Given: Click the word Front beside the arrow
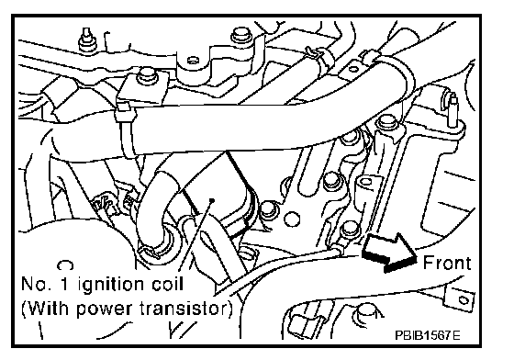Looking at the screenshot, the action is pos(447,263).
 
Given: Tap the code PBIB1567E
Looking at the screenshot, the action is pos(427,335).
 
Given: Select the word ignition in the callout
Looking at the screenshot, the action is pos(110,285).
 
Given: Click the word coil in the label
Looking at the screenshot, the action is pos(167,284).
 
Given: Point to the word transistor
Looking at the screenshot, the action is pos(183,309).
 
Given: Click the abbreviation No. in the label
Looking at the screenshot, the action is pos(36,284).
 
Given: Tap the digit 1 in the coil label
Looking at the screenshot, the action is pos(64,284).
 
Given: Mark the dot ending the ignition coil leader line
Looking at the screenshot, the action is pos(212,199).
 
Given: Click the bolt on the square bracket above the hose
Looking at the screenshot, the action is pos(146,75).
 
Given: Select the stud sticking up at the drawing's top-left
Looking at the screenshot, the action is pos(86,39).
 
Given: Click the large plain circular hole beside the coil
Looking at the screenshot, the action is pos(292,219).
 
